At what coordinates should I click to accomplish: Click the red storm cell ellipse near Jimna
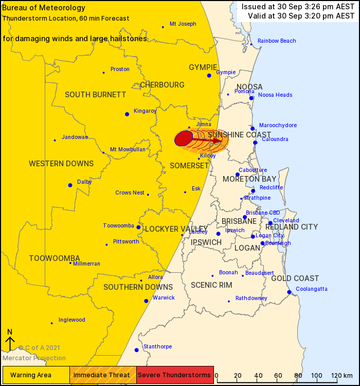coord(184,138)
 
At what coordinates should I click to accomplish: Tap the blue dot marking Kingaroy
coord(127,114)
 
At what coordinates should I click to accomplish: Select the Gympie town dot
coord(209,76)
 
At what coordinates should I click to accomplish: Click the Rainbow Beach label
coord(277,41)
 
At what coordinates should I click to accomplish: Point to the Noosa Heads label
coord(275,95)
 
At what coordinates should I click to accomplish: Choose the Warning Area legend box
coord(36,375)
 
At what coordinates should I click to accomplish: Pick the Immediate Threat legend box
coord(103,375)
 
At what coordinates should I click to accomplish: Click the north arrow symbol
coord(10,342)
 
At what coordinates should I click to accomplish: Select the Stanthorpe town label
coord(157,346)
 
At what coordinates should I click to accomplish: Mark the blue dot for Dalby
coord(70,185)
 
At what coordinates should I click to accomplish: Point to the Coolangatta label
coord(312,289)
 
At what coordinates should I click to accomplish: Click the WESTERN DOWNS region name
coord(61,164)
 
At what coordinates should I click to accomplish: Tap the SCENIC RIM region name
coord(212,285)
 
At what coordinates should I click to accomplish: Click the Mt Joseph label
coord(183,24)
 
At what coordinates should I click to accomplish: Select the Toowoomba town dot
coord(138,227)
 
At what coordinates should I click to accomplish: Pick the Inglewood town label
coord(72,320)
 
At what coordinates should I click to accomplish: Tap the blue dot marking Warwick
coord(146,301)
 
